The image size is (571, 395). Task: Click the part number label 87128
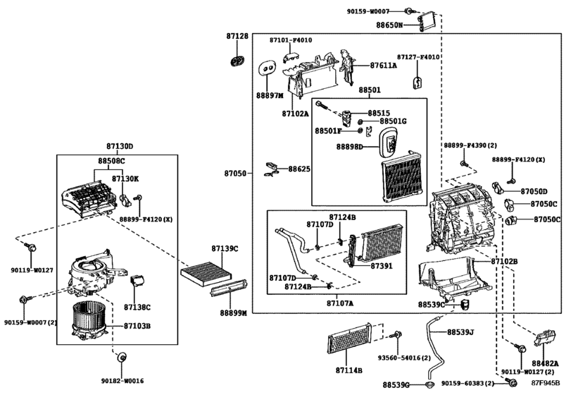tap(237, 36)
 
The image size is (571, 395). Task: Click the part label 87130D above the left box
tap(120, 147)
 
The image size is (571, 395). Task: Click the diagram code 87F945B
tap(546, 383)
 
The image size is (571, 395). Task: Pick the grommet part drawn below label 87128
tap(237, 61)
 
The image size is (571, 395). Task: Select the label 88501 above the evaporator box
tap(369, 90)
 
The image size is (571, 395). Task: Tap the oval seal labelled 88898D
tap(389, 142)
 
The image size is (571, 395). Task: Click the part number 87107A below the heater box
tap(340, 303)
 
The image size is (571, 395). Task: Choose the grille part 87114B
tap(350, 338)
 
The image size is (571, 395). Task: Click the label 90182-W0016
tap(123, 381)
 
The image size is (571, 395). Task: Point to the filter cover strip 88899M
tap(229, 287)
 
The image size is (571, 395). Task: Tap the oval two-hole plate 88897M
tap(267, 68)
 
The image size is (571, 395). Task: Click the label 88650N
tap(389, 25)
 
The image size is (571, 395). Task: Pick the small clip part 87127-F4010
tap(418, 83)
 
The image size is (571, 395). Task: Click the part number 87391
tap(382, 266)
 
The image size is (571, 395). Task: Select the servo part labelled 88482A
tap(545, 338)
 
